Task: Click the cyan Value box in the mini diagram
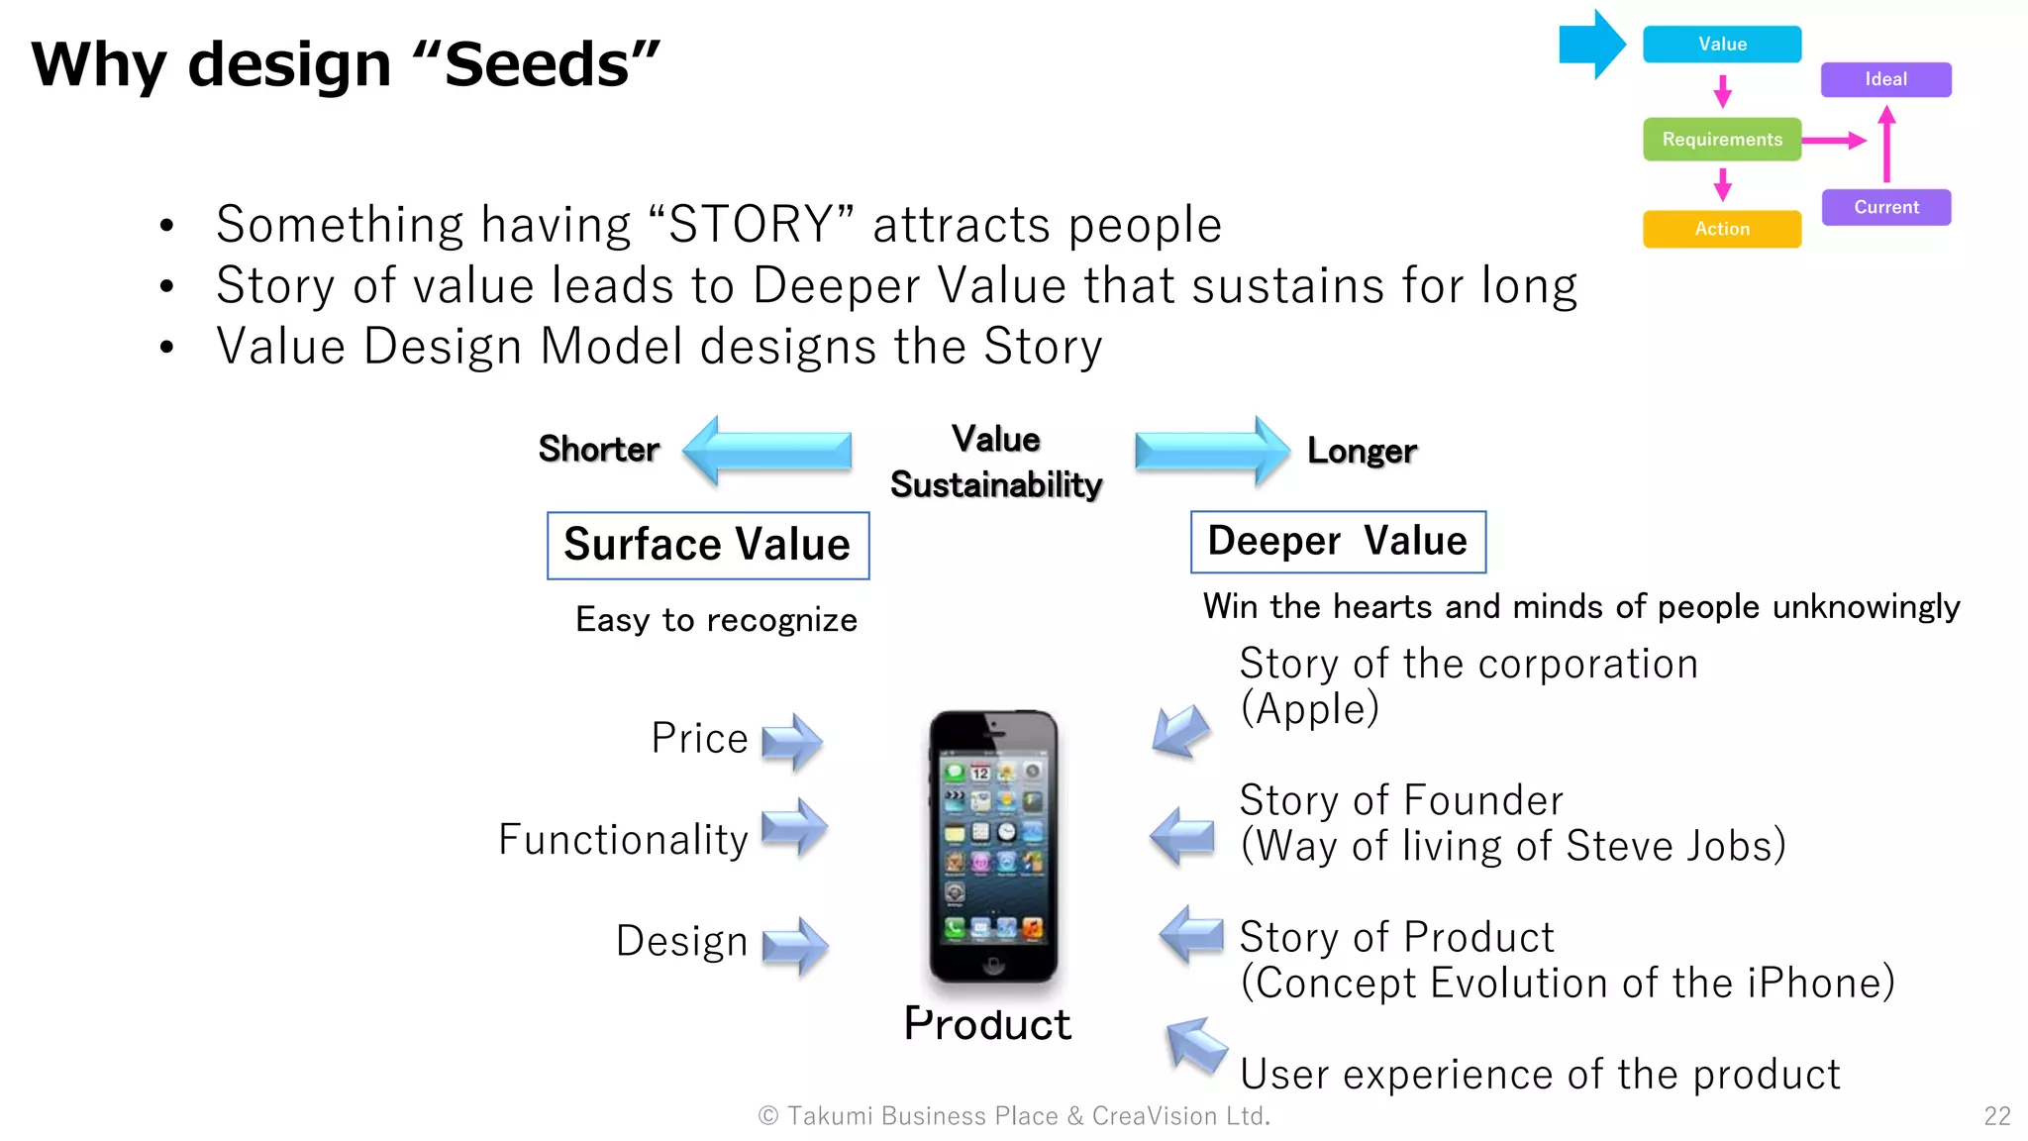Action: coord(1721,45)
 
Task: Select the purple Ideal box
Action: coord(1885,79)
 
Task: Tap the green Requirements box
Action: coord(1721,140)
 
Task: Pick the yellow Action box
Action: coord(1721,229)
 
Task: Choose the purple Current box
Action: coord(1885,207)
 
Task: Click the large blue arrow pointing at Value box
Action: coord(1590,45)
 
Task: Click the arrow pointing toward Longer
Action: coord(1211,451)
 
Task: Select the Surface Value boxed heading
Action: coord(707,545)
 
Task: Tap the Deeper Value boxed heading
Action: coord(1337,542)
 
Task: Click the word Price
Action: coord(699,739)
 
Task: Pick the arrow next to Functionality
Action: coord(794,828)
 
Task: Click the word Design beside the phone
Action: coord(681,941)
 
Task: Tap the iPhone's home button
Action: coord(992,964)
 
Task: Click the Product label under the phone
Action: coord(987,1024)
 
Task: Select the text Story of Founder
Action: coord(1400,800)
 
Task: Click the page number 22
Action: coord(1996,1116)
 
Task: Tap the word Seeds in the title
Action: coord(536,65)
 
